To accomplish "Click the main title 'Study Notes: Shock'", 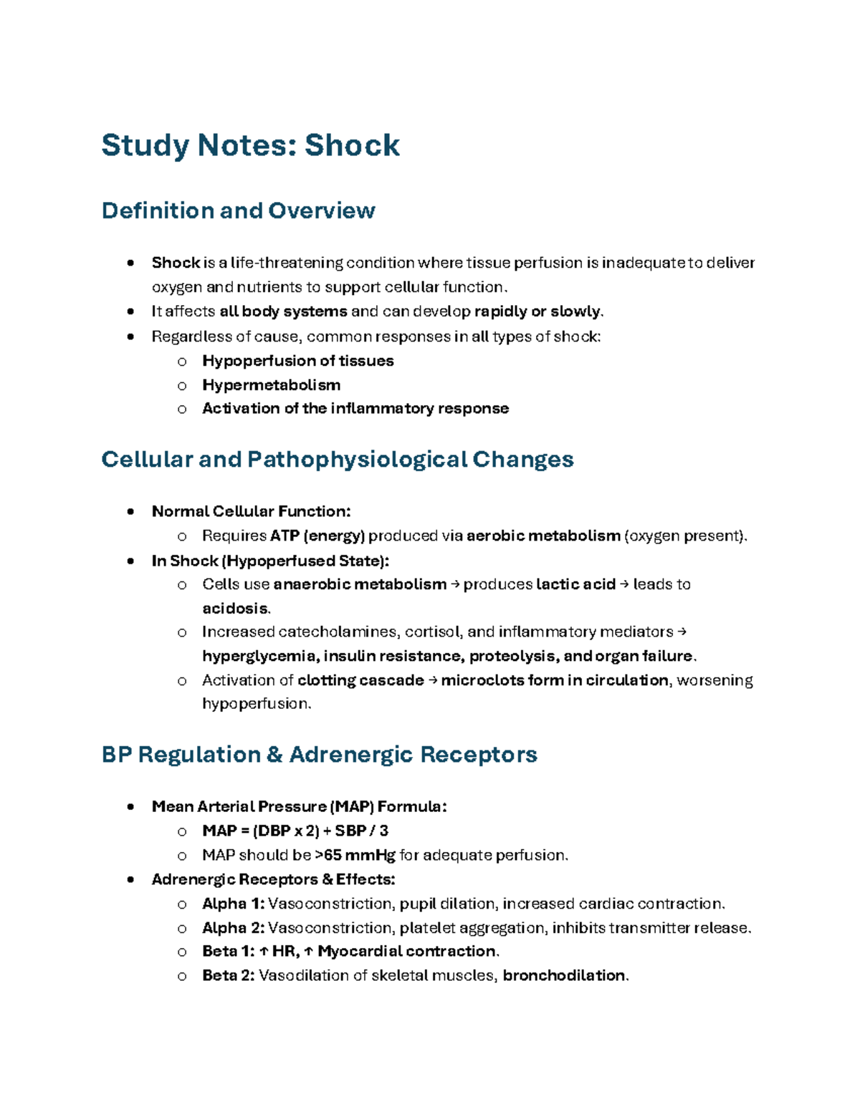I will click(250, 145).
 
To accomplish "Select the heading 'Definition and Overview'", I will click(238, 211).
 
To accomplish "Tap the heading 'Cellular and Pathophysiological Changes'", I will click(337, 459).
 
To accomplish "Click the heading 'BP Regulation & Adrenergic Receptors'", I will click(319, 754).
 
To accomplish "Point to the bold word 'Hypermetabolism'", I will click(271, 385).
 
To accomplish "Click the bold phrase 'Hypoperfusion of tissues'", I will click(297, 361).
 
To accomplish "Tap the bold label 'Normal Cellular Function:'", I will click(251, 511).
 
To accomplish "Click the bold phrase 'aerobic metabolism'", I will click(543, 536).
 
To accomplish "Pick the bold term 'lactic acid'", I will click(575, 584).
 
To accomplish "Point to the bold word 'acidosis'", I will click(235, 609).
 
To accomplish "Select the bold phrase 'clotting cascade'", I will click(360, 680).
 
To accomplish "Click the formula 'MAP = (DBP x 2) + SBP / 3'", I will click(295, 831).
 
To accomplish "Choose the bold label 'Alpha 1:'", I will click(233, 904).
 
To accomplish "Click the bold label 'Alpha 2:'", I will click(233, 928).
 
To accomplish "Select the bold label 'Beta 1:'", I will click(228, 952).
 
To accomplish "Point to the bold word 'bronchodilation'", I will click(564, 976).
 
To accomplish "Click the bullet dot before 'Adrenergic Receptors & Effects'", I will click(130, 879).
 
